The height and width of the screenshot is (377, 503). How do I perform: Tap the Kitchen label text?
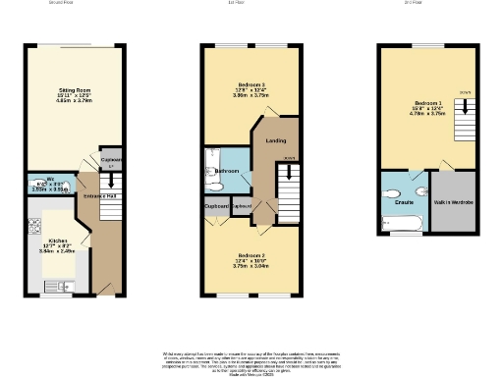pyautogui.click(x=57, y=240)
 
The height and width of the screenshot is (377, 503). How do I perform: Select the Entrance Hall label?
pyautogui.click(x=98, y=196)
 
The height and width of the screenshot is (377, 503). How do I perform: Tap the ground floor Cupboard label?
pyautogui.click(x=110, y=161)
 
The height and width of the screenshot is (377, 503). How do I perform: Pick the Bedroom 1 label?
pyautogui.click(x=428, y=102)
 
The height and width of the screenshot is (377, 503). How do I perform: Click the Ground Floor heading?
pyautogui.click(x=62, y=3)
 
